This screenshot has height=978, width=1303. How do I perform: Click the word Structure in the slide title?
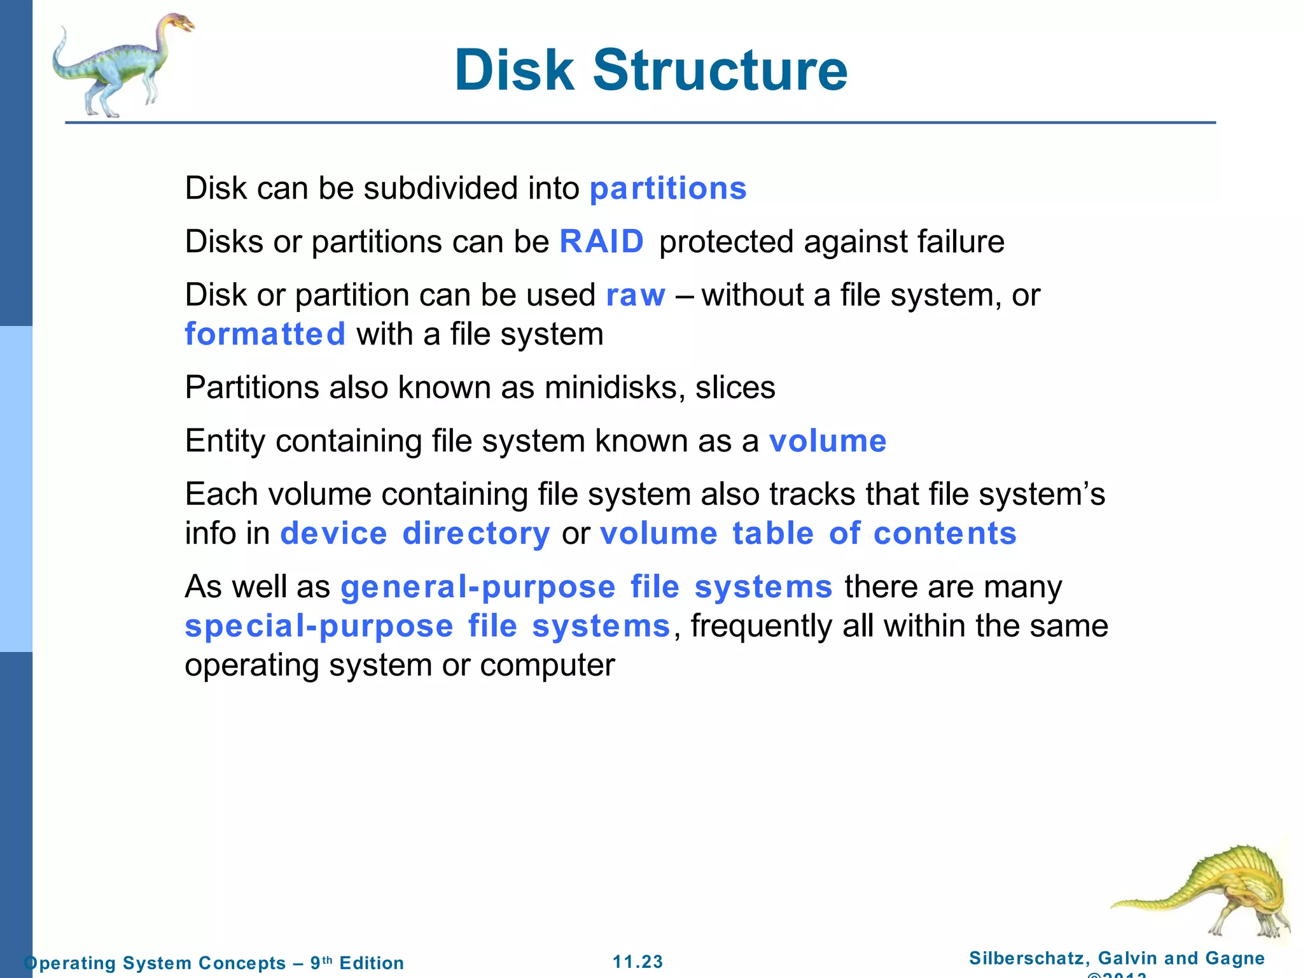coord(720,70)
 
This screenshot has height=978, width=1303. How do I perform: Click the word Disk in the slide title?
coord(514,70)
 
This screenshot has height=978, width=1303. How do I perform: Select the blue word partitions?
coord(668,188)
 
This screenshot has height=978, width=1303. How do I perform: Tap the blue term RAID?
coord(601,242)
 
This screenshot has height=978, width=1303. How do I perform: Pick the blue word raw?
coord(636,295)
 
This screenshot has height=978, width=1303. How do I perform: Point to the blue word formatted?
coord(265,334)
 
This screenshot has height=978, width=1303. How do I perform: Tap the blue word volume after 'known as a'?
coord(827,441)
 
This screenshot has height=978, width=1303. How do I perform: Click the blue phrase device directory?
coord(415,533)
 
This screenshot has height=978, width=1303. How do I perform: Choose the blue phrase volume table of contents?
coord(808,533)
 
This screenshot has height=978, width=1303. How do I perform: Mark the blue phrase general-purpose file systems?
coord(586,586)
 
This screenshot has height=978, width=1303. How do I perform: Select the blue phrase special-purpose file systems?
coord(428,626)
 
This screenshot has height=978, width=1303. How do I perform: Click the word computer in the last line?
coord(547,665)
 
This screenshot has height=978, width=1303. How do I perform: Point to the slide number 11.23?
coord(638,961)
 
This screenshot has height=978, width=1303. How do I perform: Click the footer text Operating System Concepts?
coord(155,963)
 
